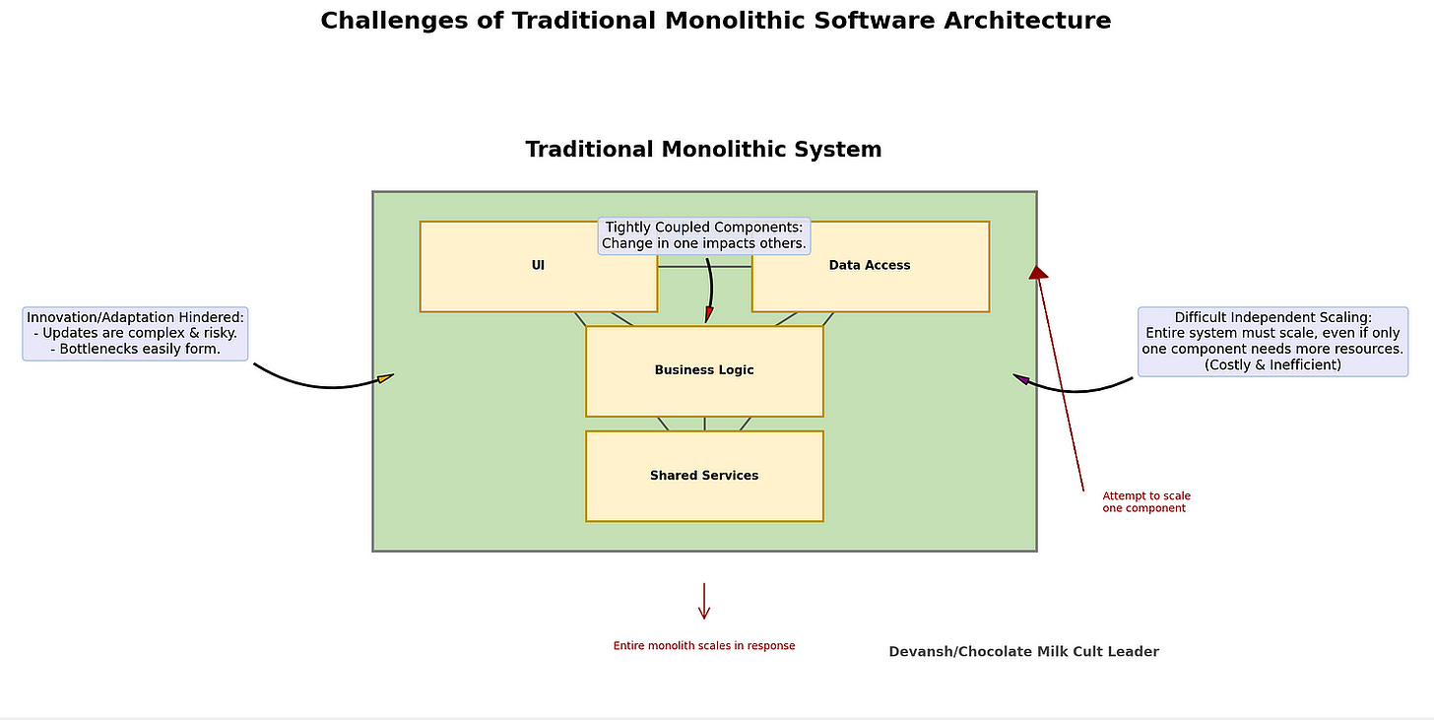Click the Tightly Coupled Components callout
pyautogui.click(x=704, y=235)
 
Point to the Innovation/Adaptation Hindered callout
pyautogui.click(x=135, y=333)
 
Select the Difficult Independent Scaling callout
pyautogui.click(x=1272, y=341)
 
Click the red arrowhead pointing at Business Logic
pyautogui.click(x=708, y=314)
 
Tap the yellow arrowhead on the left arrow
pyautogui.click(x=385, y=377)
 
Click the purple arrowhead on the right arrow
pyautogui.click(x=1022, y=378)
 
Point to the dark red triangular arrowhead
pyautogui.click(x=1038, y=272)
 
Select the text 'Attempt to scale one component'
pyautogui.click(x=1145, y=502)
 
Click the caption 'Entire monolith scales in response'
pyautogui.click(x=704, y=646)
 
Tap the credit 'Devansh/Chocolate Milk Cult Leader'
pyautogui.click(x=1023, y=652)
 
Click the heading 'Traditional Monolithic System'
pyautogui.click(x=703, y=150)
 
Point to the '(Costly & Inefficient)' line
pyautogui.click(x=1272, y=364)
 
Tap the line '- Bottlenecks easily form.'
pyautogui.click(x=135, y=349)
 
